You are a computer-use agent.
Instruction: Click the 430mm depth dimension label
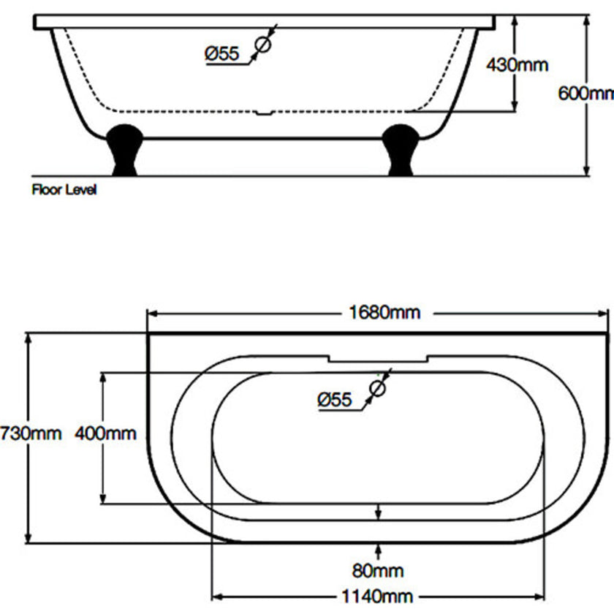tap(518, 65)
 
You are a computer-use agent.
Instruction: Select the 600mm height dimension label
tap(585, 94)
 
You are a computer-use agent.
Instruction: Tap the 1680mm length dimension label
tap(384, 313)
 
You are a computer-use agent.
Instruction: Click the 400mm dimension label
tap(105, 433)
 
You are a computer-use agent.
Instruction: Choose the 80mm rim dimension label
tap(378, 570)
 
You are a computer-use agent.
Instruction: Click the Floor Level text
tap(64, 190)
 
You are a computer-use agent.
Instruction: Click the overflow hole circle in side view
tap(262, 45)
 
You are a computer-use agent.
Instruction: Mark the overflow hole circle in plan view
tap(377, 388)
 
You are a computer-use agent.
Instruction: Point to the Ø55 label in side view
tap(222, 53)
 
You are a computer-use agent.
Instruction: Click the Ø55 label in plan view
tap(335, 399)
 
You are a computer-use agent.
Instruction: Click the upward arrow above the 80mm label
tap(378, 549)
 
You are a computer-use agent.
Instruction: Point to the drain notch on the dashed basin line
tap(264, 113)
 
